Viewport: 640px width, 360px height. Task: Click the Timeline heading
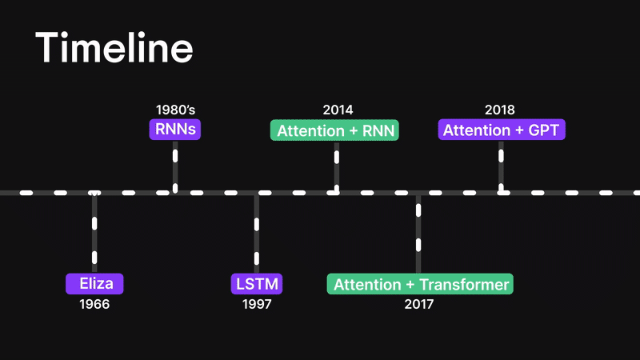pos(114,49)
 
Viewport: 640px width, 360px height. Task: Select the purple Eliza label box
pos(95,284)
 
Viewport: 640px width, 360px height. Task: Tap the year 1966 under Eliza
pos(94,305)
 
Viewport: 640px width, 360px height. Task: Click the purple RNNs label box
pos(174,130)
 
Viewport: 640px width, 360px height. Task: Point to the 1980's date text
pos(175,110)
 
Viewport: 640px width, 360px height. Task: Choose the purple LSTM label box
pos(258,284)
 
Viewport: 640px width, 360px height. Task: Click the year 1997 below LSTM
pos(258,305)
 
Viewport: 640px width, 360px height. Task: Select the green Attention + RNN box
pos(336,130)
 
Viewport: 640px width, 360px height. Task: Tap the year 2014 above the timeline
pos(338,110)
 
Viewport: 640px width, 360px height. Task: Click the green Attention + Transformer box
pos(419,284)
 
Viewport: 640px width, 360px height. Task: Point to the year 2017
pos(419,305)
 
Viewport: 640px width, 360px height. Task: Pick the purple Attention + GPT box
pos(502,130)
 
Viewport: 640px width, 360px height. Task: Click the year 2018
pos(500,110)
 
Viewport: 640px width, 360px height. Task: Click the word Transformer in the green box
pos(464,284)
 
